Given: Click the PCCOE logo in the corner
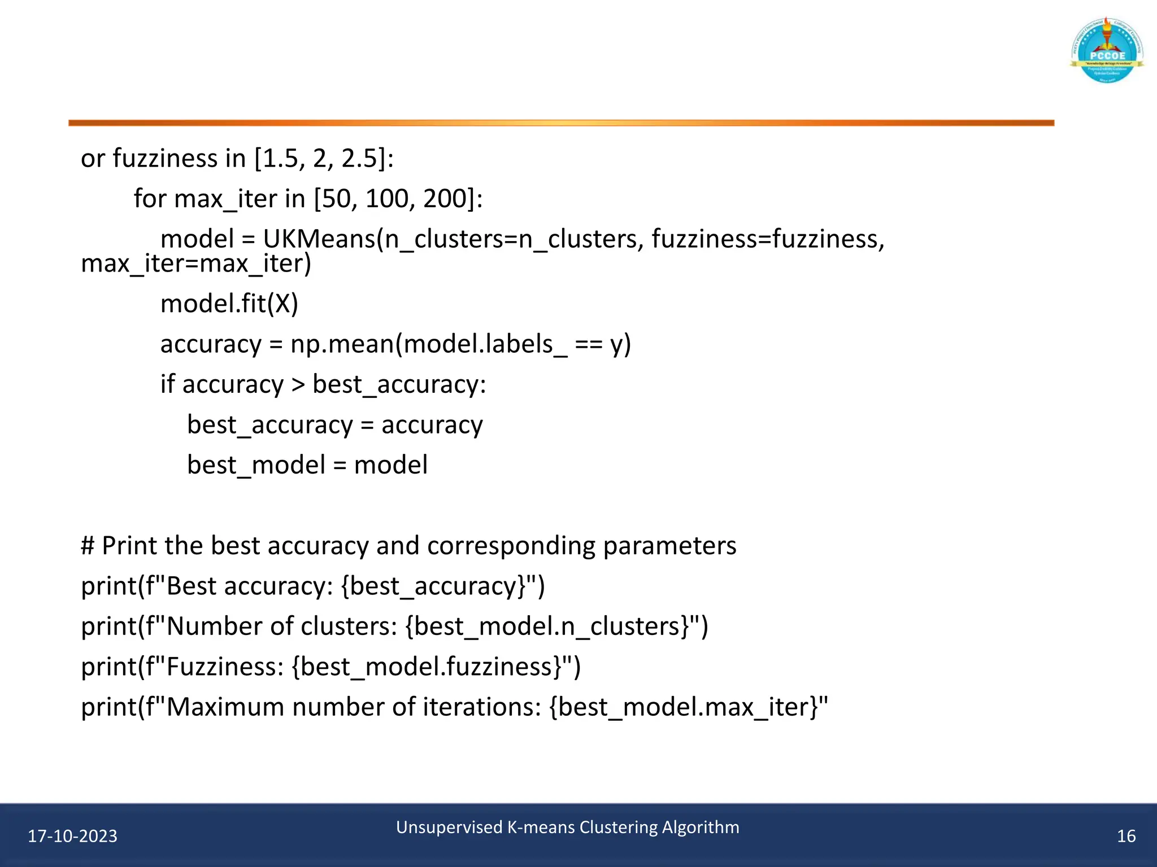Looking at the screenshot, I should pos(1107,51).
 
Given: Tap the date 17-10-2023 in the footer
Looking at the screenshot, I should pos(72,836).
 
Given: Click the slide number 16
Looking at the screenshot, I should pos(1126,836).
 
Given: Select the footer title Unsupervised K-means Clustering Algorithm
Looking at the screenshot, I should pos(567,827).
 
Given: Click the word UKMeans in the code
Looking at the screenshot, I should pos(319,239).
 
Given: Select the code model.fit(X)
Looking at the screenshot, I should pos(229,304).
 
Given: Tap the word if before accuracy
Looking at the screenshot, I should pos(167,384).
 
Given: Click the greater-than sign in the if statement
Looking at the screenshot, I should pos(298,385).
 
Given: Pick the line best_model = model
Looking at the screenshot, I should pos(307,465).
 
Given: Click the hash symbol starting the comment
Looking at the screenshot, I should pos(88,546).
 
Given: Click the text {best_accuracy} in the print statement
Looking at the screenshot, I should pos(433,586).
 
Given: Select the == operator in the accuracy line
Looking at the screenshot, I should pos(588,344).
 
